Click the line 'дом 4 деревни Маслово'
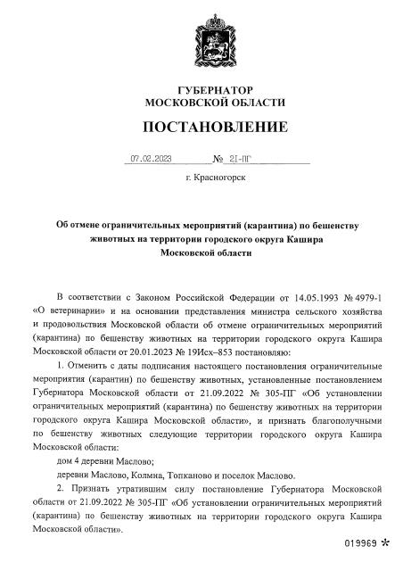tap(105, 461)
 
